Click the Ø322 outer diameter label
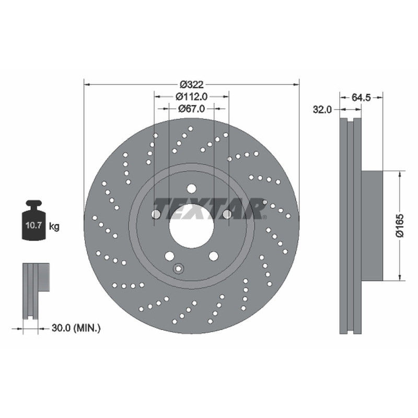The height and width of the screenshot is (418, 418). (191, 85)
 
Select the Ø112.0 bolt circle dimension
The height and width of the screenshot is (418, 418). (191, 97)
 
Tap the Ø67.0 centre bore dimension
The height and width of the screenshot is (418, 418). (191, 109)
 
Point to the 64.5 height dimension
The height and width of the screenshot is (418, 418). (361, 98)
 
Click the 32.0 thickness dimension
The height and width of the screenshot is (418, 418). (322, 109)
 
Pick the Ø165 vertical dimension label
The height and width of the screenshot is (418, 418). (400, 226)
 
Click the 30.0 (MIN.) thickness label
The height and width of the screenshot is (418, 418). (76, 328)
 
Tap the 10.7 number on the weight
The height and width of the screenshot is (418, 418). (33, 225)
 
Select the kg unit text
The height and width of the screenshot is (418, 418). (54, 227)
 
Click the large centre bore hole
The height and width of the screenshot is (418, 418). (191, 226)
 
